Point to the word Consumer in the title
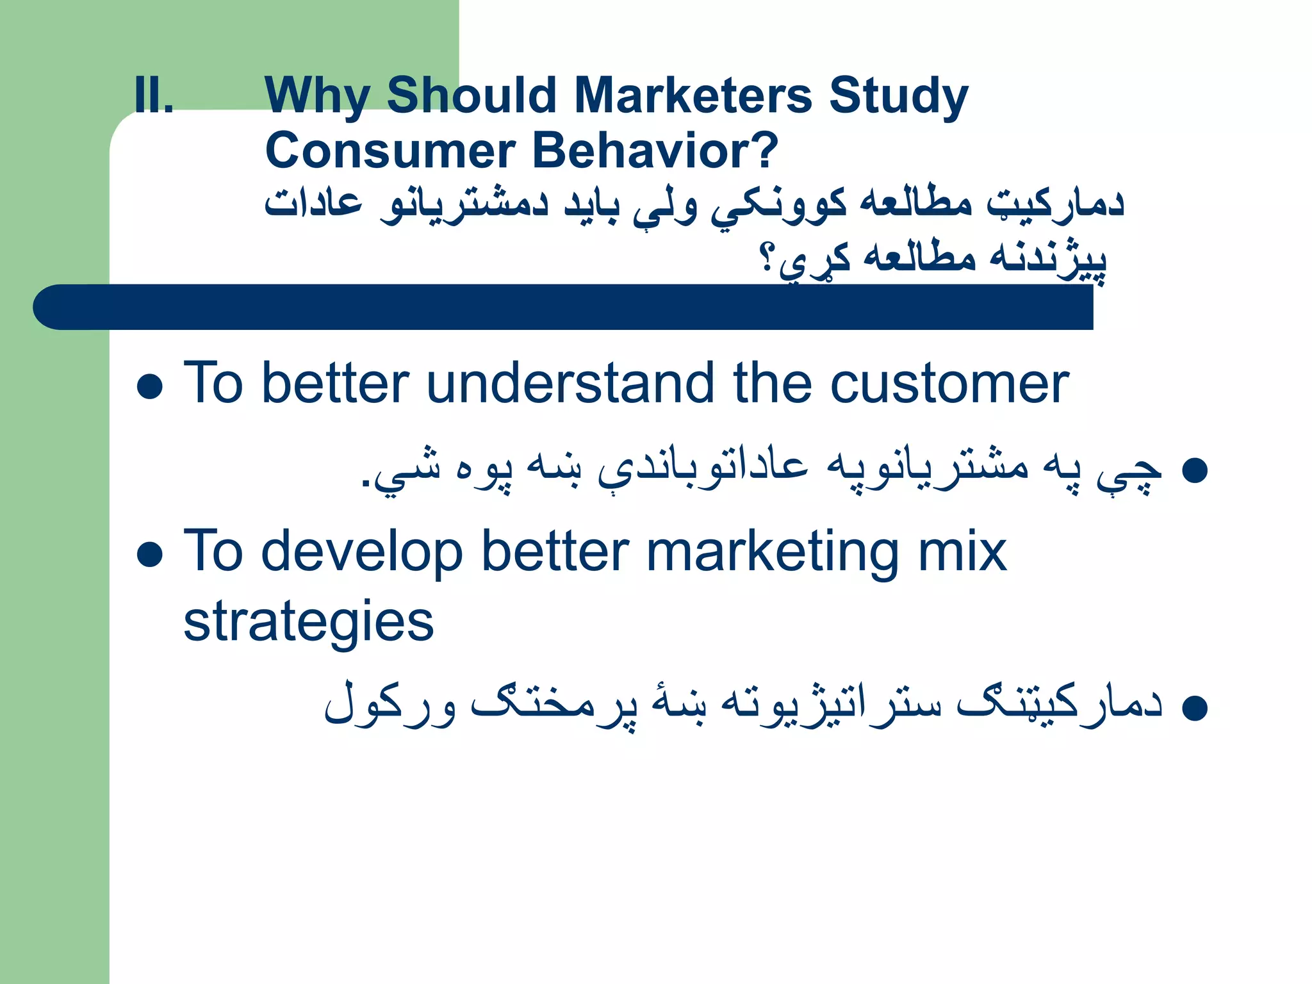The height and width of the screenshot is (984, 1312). coord(391,151)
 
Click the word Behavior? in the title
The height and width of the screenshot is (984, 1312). coord(655,151)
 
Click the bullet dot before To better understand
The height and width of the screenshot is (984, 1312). coord(150,387)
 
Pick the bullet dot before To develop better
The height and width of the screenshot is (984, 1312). coord(150,555)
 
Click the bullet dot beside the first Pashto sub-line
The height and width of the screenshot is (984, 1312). coord(1194,471)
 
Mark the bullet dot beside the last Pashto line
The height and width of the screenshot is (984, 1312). coord(1194,709)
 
